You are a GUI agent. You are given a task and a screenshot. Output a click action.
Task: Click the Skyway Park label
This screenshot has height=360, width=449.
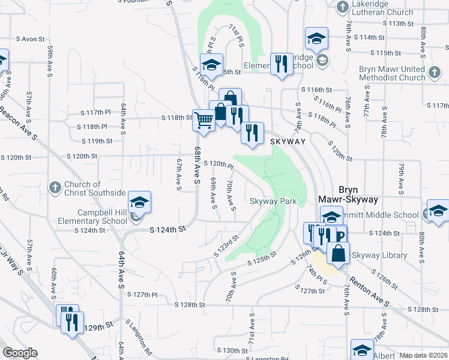coord(273,202)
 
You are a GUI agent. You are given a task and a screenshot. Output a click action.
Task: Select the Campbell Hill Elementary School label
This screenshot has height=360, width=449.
coord(102,217)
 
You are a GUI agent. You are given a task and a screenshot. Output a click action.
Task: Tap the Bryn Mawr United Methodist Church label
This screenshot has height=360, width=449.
coord(392,73)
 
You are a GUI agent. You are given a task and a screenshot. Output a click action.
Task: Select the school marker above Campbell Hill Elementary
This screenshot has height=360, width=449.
coord(139,202)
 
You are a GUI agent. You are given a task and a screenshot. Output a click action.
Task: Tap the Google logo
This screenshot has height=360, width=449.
coord(20,352)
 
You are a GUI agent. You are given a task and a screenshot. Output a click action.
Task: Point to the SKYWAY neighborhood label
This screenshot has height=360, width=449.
coord(288,141)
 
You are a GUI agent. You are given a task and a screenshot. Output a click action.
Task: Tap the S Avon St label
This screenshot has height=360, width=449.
coord(34,39)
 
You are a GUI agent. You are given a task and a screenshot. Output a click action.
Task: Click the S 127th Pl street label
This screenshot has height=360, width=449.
coord(145,295)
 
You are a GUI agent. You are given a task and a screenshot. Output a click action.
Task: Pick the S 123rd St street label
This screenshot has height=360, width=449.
coord(227,246)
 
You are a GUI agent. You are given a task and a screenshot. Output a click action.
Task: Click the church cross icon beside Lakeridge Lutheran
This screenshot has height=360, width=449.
coord(342,7)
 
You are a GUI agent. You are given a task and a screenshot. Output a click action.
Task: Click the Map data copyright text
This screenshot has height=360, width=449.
coord(424,355)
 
